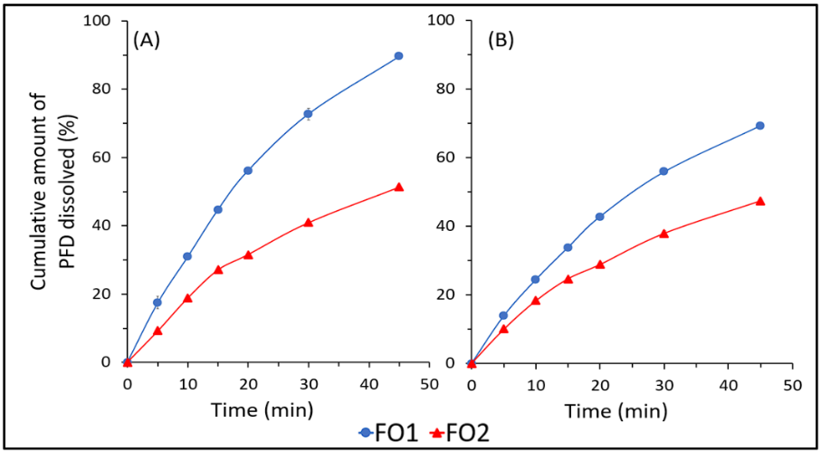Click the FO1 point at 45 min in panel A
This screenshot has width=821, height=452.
point(398,56)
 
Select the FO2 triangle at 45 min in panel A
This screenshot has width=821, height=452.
point(398,188)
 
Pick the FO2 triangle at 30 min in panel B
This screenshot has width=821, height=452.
point(663,233)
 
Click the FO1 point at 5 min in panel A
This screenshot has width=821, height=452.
point(158,303)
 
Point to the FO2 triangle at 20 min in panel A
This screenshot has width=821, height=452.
point(248,255)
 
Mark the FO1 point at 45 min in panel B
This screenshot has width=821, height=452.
point(760,126)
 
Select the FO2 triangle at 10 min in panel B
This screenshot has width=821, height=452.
point(535,300)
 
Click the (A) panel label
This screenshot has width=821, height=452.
point(147,41)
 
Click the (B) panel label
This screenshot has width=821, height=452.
point(502,41)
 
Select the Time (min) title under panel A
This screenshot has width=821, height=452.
point(263,409)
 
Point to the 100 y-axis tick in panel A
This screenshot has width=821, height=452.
point(97,21)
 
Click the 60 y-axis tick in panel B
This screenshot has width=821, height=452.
point(446,158)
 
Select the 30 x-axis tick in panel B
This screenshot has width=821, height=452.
point(663,384)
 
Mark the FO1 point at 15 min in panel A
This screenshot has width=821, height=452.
point(218,209)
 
